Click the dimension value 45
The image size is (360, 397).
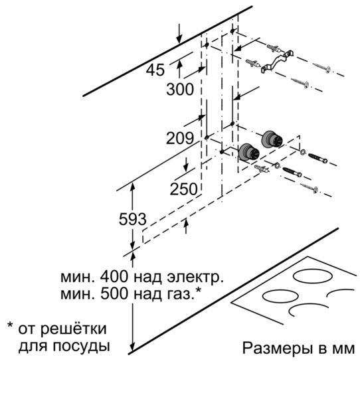coord(155,70)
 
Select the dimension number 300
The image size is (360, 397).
coord(180,90)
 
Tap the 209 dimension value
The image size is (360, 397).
coord(180,138)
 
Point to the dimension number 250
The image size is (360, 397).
coord(183,189)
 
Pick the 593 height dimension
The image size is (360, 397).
coord(133,219)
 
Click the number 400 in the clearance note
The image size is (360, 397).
coord(114,277)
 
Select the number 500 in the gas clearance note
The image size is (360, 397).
coord(114,293)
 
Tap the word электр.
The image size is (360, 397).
coord(195,278)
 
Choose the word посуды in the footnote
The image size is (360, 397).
coord(81,347)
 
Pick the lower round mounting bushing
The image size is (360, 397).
coord(249,153)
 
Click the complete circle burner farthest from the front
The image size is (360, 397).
coord(312,276)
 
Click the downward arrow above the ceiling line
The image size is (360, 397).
coord(179,33)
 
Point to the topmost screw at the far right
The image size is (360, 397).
coord(321,67)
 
